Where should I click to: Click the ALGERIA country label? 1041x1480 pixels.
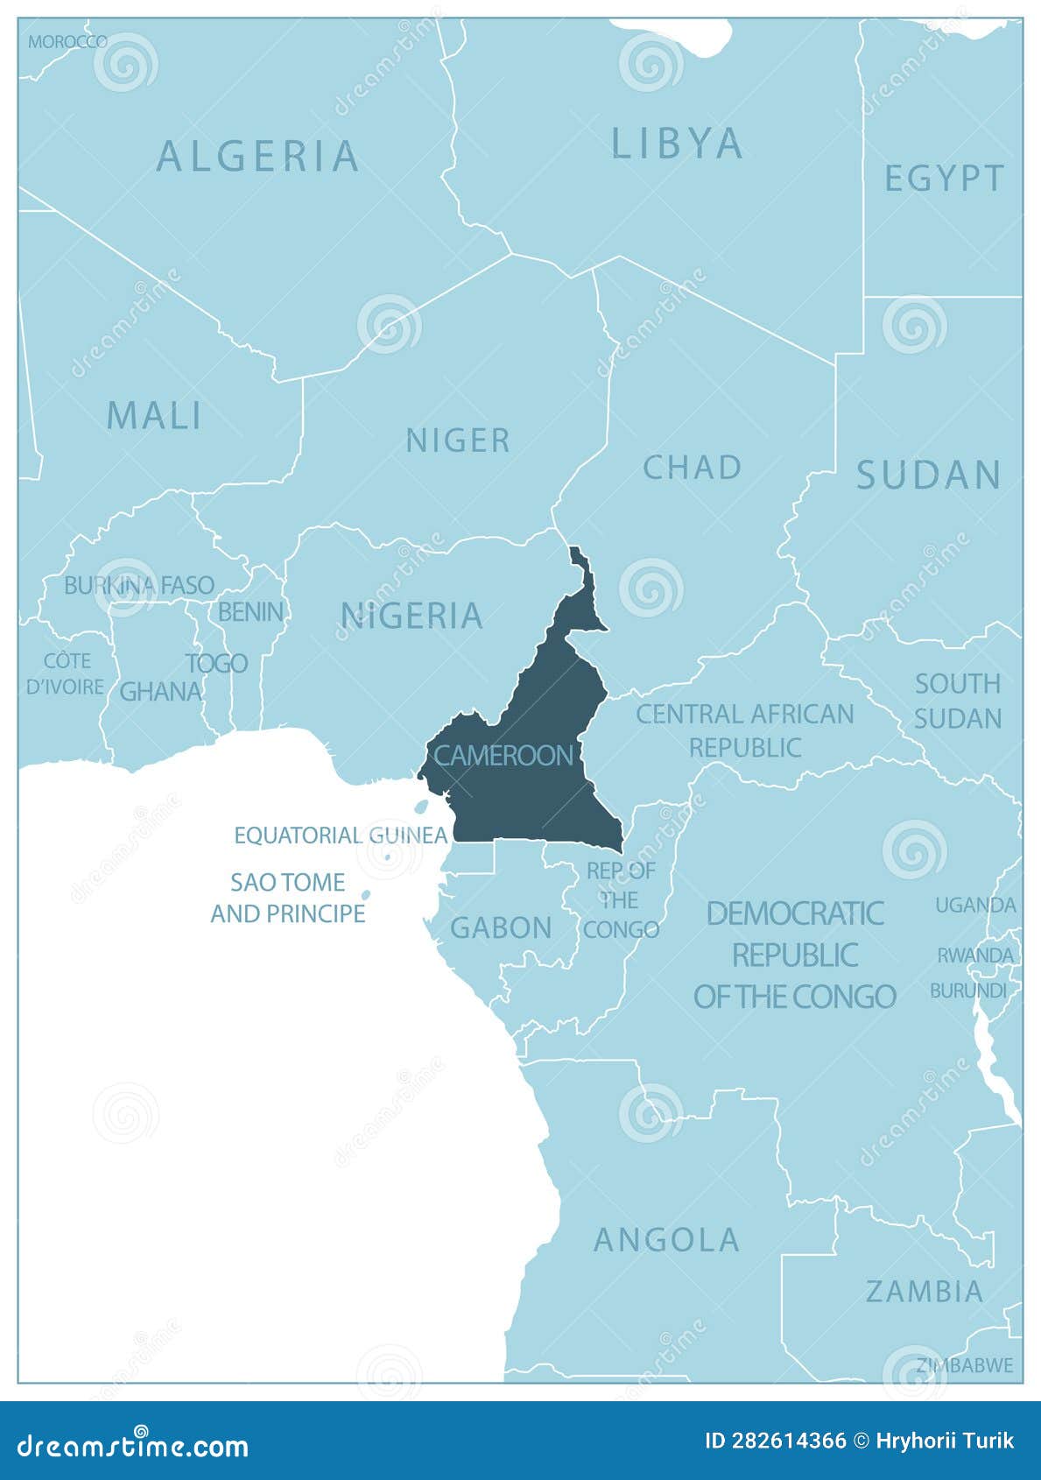(x=257, y=158)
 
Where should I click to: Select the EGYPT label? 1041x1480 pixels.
(x=944, y=179)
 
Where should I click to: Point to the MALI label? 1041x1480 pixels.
(x=154, y=416)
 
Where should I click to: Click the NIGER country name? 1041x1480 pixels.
(x=458, y=440)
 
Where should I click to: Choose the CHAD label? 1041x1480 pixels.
(x=692, y=468)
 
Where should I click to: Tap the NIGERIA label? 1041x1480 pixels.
(x=411, y=616)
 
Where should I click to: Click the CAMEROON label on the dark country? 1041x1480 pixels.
(x=503, y=755)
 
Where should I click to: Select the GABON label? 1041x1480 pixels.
(x=501, y=927)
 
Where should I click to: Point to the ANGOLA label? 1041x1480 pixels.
(x=667, y=1240)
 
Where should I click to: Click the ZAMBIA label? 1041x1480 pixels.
(x=925, y=1291)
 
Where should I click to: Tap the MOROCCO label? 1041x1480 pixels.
(x=67, y=41)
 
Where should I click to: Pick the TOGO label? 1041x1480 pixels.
(x=216, y=664)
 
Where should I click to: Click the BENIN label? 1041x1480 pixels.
(x=250, y=611)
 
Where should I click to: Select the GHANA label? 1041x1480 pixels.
(x=160, y=692)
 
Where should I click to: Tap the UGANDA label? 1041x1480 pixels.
(x=975, y=905)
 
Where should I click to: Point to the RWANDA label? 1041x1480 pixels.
(x=975, y=955)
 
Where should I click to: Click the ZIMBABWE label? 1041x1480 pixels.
(x=964, y=1365)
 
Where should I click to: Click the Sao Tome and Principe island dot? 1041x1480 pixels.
(x=367, y=895)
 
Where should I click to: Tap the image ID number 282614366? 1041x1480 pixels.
(x=776, y=1441)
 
